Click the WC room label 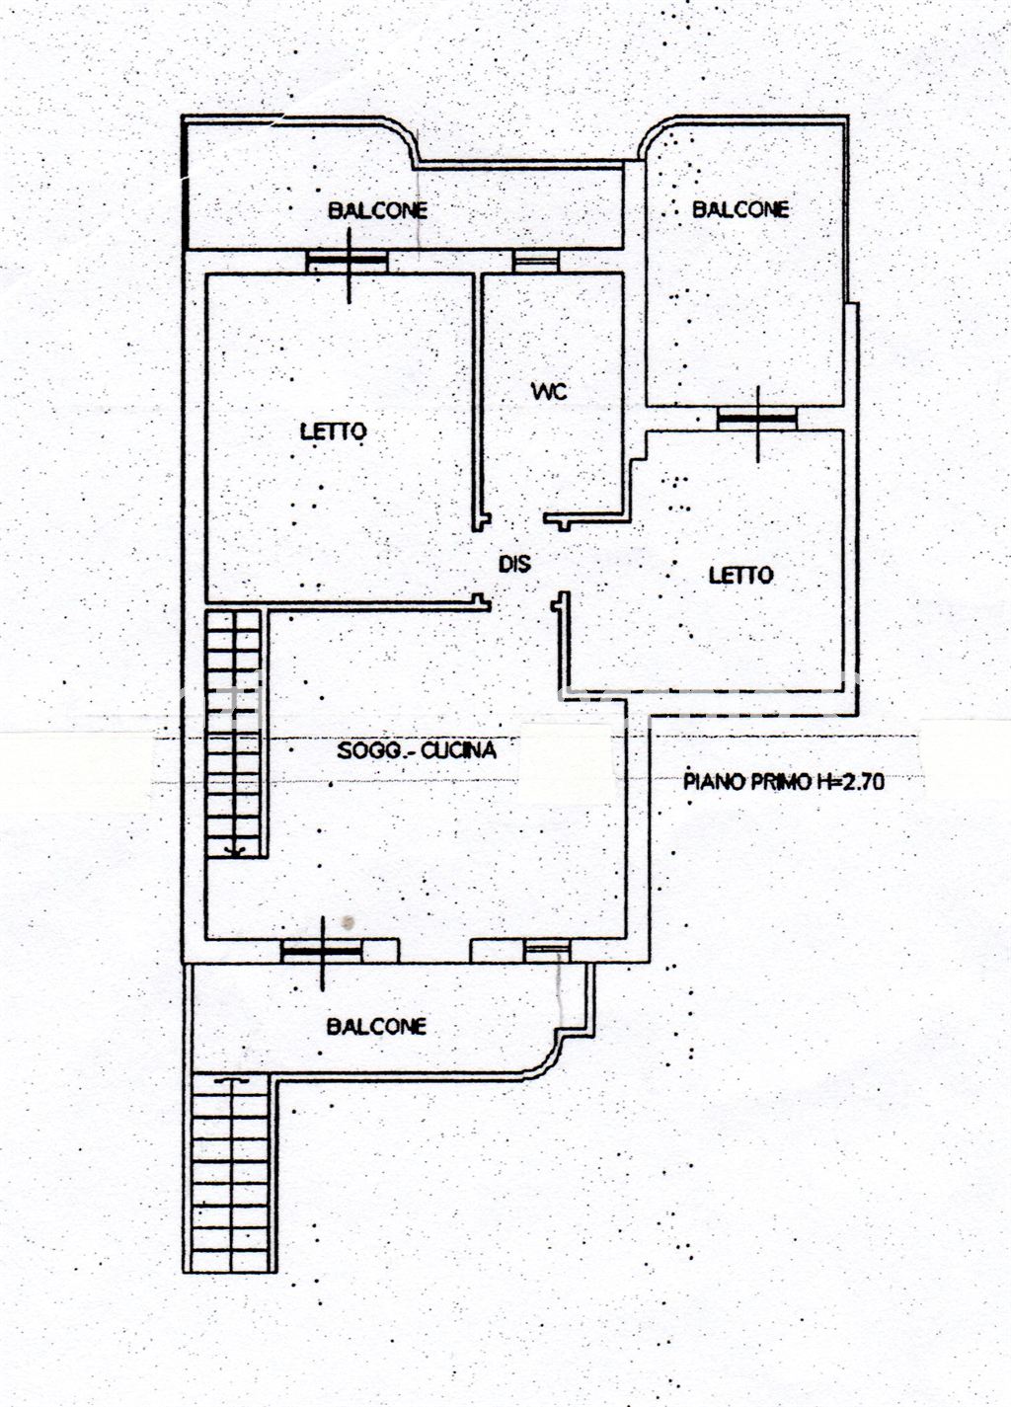(x=550, y=391)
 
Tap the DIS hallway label (x=514, y=564)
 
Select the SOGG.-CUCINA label (x=417, y=750)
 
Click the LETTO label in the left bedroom (x=333, y=431)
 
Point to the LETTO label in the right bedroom (x=741, y=575)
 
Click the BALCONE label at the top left (x=377, y=209)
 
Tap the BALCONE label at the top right (x=740, y=209)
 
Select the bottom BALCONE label (x=376, y=1027)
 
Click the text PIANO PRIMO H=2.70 (x=784, y=781)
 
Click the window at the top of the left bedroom (x=348, y=261)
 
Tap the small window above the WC (x=535, y=261)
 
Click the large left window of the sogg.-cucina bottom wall (x=322, y=951)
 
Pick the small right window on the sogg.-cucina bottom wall (x=547, y=951)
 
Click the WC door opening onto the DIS (x=516, y=518)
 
